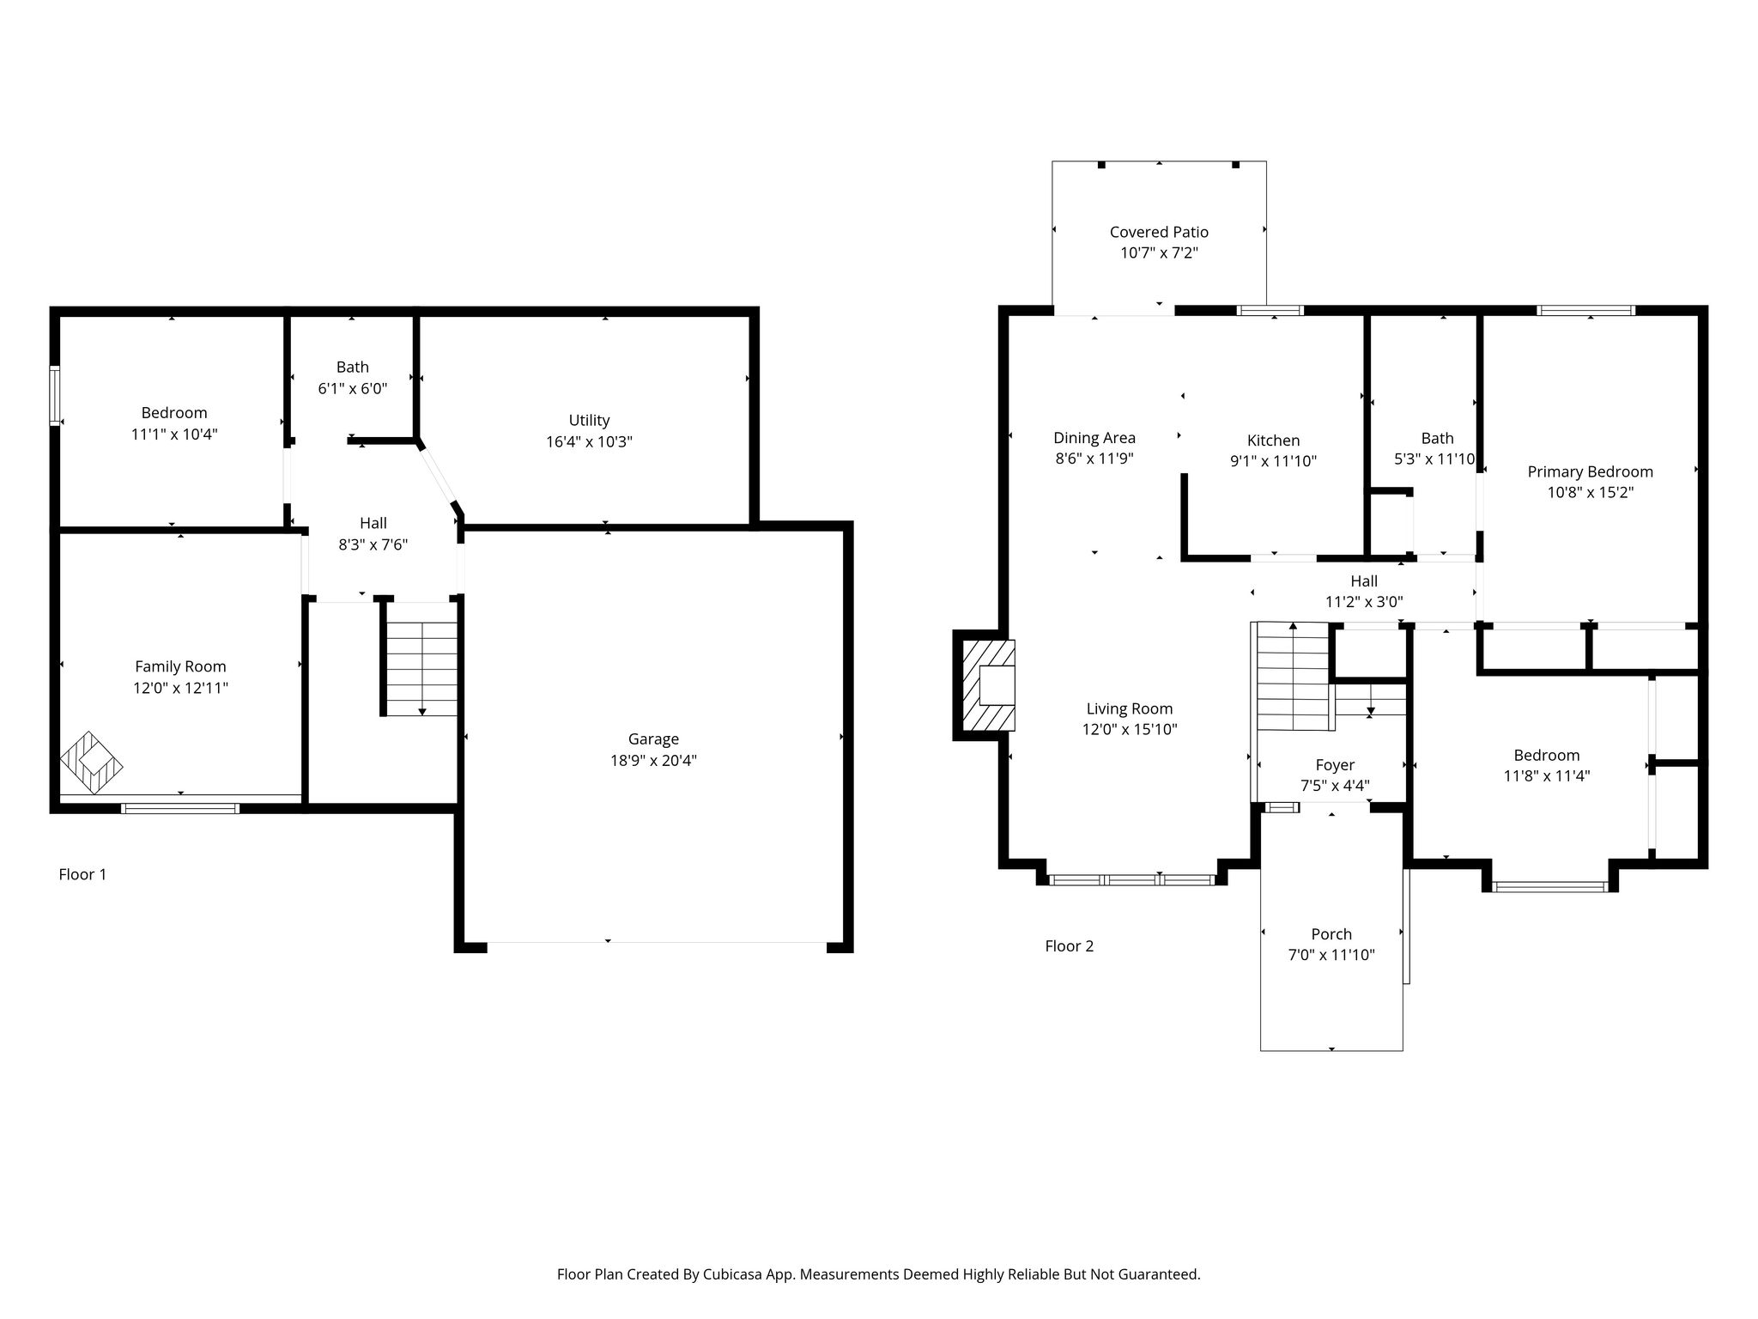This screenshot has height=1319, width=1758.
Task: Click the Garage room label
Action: click(x=653, y=739)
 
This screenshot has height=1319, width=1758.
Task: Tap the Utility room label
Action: click(x=589, y=420)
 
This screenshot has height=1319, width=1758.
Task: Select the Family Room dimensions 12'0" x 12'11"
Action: click(x=180, y=688)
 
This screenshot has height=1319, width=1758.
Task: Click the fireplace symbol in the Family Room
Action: click(x=91, y=763)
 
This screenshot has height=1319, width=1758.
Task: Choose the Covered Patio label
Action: click(x=1159, y=232)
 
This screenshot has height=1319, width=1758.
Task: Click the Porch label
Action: click(x=1331, y=934)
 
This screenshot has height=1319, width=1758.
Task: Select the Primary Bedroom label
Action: click(x=1590, y=471)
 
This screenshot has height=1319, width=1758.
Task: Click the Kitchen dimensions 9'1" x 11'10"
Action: click(x=1273, y=461)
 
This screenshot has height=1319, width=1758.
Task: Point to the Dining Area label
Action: click(x=1094, y=438)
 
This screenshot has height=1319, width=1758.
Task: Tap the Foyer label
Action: click(x=1335, y=765)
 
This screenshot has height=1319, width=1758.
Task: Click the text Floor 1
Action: click(x=82, y=874)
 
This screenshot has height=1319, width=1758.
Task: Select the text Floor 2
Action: click(x=1070, y=946)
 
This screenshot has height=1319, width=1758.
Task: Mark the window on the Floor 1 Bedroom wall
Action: click(x=55, y=396)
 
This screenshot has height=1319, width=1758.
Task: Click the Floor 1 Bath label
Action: click(x=353, y=367)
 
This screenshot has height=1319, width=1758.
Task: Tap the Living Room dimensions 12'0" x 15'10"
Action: click(x=1130, y=730)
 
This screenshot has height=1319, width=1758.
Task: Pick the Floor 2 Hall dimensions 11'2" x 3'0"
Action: click(x=1364, y=602)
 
